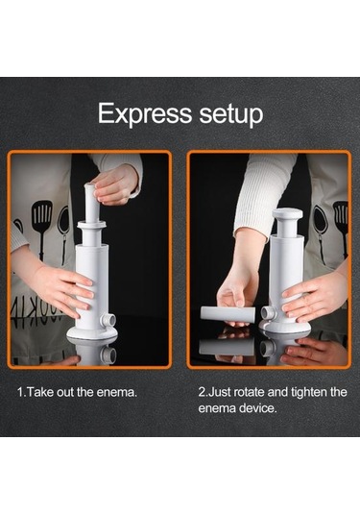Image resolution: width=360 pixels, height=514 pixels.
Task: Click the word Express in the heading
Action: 144,113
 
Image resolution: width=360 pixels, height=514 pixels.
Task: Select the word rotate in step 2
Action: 248,392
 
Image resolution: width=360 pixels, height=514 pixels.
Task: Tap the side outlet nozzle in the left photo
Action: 108,320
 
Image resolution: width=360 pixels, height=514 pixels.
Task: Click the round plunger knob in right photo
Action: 287,214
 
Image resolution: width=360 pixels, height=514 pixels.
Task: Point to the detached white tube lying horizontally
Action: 228,314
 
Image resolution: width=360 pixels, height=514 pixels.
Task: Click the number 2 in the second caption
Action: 202,392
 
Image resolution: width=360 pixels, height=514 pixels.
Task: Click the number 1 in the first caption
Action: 20,392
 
